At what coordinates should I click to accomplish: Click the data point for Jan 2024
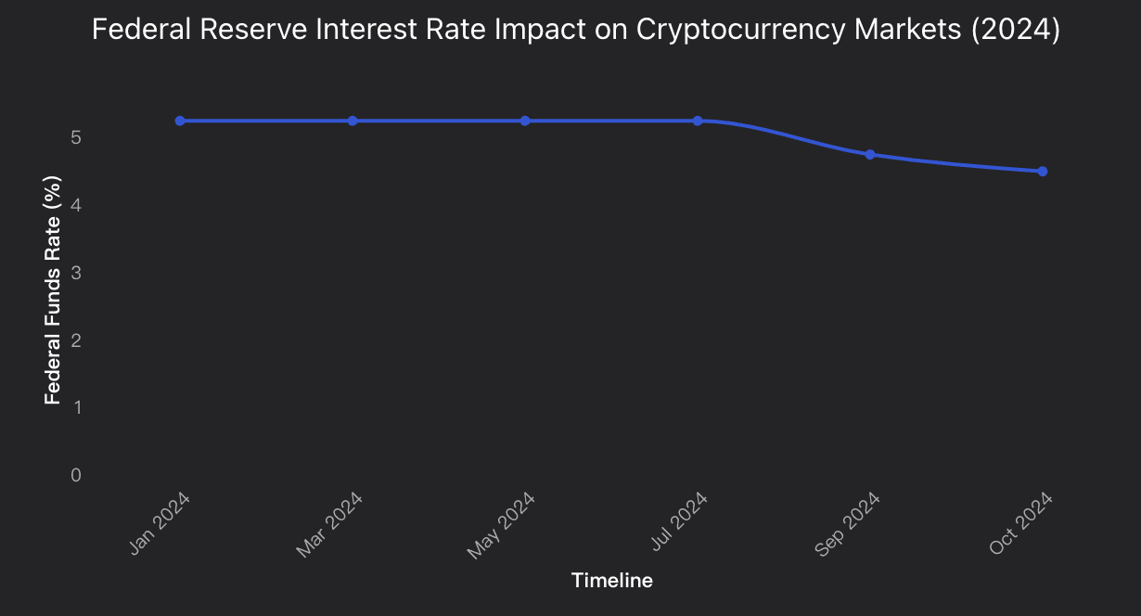point(180,121)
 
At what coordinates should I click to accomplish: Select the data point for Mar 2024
point(353,121)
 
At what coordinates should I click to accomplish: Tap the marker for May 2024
point(525,121)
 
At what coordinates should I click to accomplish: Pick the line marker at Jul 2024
point(698,121)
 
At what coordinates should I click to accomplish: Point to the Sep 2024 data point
point(870,154)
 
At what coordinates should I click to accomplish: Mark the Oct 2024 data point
point(1043,171)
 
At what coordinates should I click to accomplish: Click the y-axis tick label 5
point(76,137)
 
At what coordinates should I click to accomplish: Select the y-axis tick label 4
point(76,205)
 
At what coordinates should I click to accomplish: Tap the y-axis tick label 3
point(76,273)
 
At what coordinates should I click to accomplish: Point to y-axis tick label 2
point(76,340)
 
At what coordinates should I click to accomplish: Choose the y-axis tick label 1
point(76,407)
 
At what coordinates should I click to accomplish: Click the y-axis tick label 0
point(76,475)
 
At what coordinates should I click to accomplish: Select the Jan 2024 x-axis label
point(160,524)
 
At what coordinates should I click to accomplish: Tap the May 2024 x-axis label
point(502,526)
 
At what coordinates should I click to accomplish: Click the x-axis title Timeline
point(611,581)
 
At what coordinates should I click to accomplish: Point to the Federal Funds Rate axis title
point(54,290)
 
